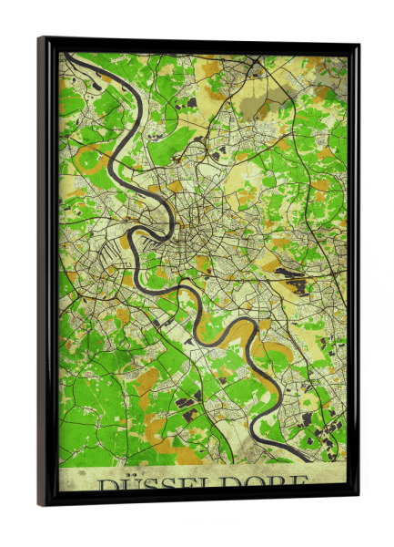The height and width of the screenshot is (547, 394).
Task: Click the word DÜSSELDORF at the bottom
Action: point(202,483)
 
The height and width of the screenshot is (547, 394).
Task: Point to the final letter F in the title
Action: point(298,482)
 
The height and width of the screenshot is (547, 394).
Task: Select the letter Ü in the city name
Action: point(127,483)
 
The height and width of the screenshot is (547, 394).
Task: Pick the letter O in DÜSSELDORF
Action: point(256,482)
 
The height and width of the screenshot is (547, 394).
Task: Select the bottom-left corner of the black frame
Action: point(41,503)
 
